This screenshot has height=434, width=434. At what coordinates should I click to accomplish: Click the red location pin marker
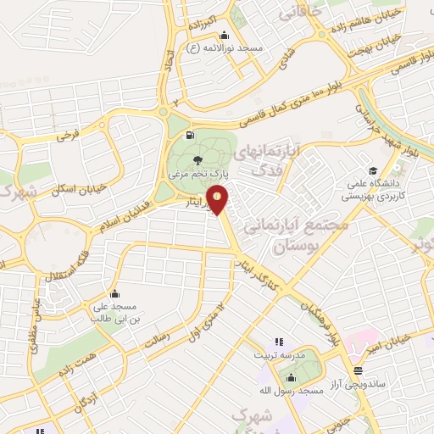click(218, 199)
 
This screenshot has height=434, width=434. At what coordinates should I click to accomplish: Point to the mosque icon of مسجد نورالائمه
click(224, 36)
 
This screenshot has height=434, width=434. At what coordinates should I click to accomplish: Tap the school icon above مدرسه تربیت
click(278, 342)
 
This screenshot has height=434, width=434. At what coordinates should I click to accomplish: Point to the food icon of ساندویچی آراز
click(359, 370)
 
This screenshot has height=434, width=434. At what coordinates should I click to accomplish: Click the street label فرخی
click(68, 134)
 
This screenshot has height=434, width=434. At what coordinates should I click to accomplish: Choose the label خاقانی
click(304, 12)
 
